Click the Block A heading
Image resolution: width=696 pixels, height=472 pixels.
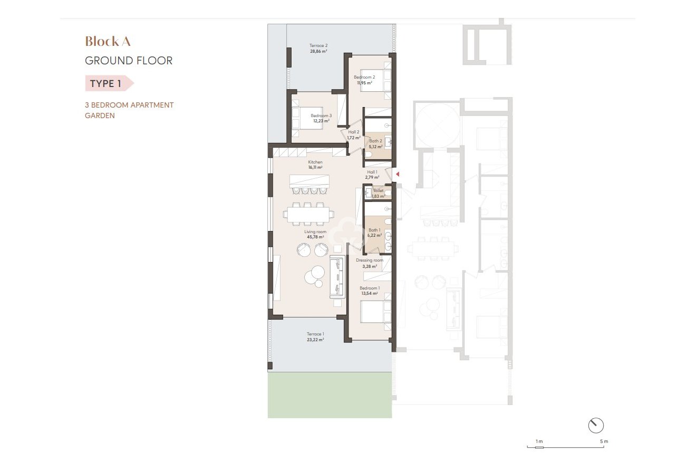pyautogui.click(x=108, y=41)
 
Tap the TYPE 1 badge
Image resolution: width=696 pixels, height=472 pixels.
pyautogui.click(x=106, y=83)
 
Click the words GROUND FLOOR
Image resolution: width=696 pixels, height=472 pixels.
pyautogui.click(x=129, y=61)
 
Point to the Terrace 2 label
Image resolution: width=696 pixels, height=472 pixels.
pyautogui.click(x=318, y=46)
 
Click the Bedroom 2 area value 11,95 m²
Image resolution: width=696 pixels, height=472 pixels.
pyautogui.click(x=364, y=83)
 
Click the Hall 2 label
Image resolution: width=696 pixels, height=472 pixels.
pyautogui.click(x=354, y=132)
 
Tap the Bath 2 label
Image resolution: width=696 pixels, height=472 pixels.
pyautogui.click(x=375, y=141)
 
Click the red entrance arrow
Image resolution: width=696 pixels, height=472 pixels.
pyautogui.click(x=398, y=174)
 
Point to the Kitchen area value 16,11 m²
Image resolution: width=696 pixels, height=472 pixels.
pyautogui.click(x=315, y=167)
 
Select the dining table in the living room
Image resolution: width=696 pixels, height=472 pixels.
pyautogui.click(x=308, y=214)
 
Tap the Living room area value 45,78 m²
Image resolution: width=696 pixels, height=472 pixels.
pyautogui.click(x=315, y=237)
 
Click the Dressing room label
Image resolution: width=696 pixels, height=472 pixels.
pyautogui.click(x=370, y=261)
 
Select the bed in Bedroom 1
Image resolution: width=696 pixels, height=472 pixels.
pyautogui.click(x=375, y=311)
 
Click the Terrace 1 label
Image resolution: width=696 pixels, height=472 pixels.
pyautogui.click(x=315, y=334)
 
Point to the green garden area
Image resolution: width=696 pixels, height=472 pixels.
pyautogui.click(x=330, y=396)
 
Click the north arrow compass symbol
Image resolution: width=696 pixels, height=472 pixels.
pyautogui.click(x=596, y=425)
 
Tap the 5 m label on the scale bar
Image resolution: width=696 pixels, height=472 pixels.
pyautogui.click(x=603, y=441)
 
